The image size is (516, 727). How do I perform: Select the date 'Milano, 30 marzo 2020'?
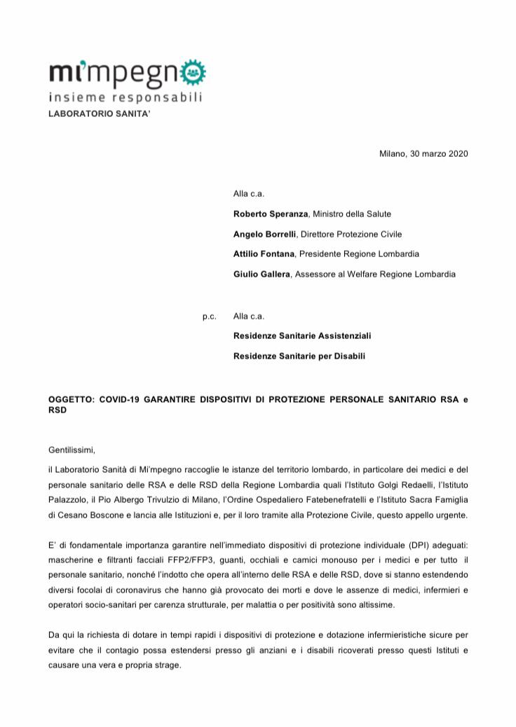pos(423,153)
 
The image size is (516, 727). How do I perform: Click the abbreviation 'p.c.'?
pos(209,316)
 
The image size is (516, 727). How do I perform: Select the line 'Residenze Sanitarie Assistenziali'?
pos(302,335)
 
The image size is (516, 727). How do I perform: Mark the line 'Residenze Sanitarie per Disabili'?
pos(299,356)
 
